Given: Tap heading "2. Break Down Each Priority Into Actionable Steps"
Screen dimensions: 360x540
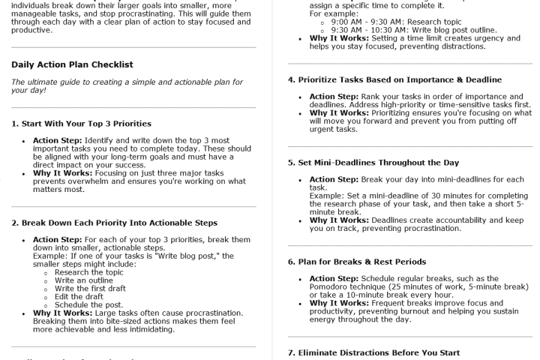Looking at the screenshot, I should (x=112, y=223).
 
